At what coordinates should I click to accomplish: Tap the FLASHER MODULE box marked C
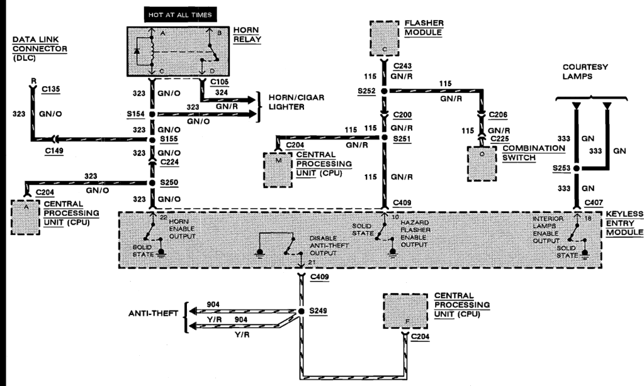point(384,38)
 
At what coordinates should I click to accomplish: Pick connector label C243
point(403,65)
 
